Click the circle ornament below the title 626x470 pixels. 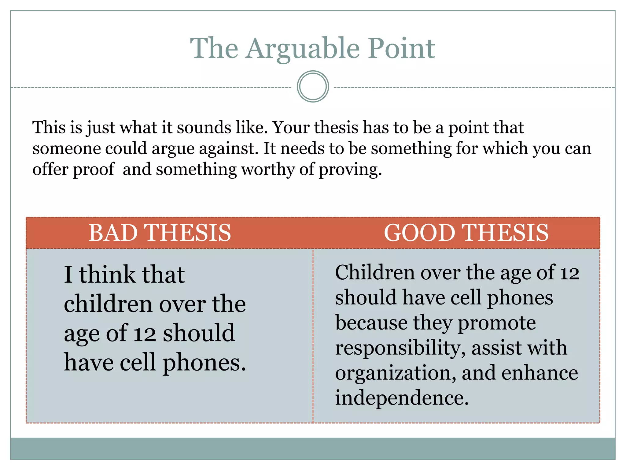coord(313,87)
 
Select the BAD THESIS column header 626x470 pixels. coord(160,233)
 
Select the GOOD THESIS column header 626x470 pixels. coord(466,233)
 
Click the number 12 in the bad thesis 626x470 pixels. coord(145,334)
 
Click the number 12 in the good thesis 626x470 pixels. coord(569,273)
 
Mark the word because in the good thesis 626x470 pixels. coord(371,323)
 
